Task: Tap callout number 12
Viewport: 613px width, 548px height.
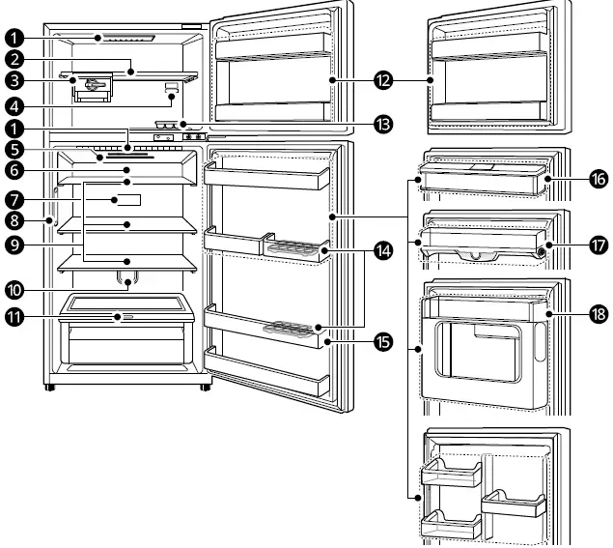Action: [385, 80]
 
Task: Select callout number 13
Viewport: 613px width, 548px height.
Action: [385, 125]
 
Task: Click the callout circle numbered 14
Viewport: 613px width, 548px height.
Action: [385, 249]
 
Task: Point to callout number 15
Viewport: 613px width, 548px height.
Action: [385, 342]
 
